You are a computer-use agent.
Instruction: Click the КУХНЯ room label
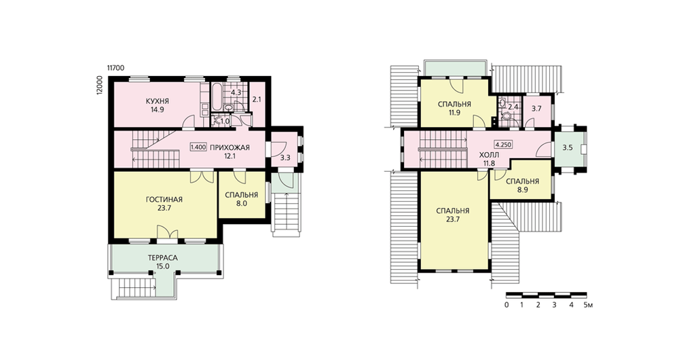click(158, 101)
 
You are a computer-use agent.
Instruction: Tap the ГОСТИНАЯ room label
click(164, 200)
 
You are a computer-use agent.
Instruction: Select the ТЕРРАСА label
click(163, 258)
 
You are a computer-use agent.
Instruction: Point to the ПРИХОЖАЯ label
click(230, 147)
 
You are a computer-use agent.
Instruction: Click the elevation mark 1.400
click(198, 147)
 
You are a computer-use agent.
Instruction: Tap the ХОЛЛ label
click(490, 155)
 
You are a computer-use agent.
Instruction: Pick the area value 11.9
click(454, 113)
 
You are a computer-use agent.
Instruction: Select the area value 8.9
click(522, 190)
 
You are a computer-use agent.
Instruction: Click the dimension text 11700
click(116, 68)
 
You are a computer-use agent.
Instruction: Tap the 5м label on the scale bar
click(588, 305)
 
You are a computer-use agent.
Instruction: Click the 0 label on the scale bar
click(507, 305)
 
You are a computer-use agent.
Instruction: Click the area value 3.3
click(285, 158)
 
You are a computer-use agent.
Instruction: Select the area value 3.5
click(567, 147)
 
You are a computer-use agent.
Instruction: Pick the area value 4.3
click(236, 92)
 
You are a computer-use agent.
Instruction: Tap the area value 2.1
click(257, 100)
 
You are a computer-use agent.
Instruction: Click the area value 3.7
click(536, 109)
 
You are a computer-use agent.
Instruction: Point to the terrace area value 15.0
click(163, 267)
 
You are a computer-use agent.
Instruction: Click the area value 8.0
click(242, 203)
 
